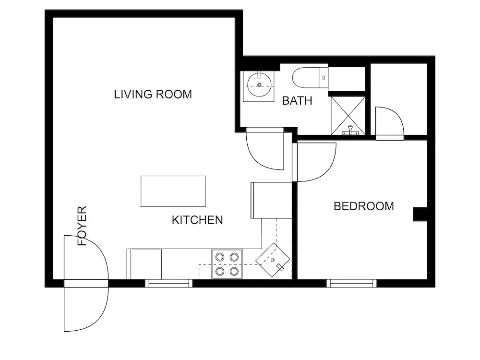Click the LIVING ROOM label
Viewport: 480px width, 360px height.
pos(153,94)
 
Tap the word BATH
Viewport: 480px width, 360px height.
pos(297,101)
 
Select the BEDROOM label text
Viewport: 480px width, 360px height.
pos(364,206)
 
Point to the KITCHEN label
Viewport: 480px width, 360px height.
pos(197,220)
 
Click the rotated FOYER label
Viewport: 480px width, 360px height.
pos(83,226)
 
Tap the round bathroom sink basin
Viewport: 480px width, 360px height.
pos(259,85)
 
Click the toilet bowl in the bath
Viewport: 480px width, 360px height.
pos(305,78)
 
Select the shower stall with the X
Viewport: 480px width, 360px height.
pos(348,116)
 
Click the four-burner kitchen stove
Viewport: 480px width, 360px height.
pos(227,264)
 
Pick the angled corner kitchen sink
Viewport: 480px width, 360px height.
pos(273,260)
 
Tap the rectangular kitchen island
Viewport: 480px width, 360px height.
pos(173,192)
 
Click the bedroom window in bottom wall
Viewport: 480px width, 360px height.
pos(351,284)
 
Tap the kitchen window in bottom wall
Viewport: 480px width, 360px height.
pos(168,284)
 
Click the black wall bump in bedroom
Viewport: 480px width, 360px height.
pos(420,214)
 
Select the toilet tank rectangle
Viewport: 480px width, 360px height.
pos(324,78)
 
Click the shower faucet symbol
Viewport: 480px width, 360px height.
pos(350,131)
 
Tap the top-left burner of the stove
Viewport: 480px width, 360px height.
pos(219,257)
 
